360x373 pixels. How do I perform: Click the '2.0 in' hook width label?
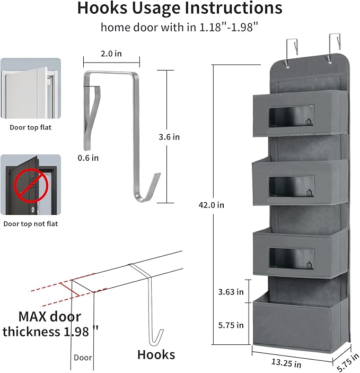click(x=111, y=54)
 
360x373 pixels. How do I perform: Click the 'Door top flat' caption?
click(x=31, y=127)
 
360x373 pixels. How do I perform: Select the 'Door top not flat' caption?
click(x=31, y=223)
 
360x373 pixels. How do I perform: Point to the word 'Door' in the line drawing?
click(x=83, y=358)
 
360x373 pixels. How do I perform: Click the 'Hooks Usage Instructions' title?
click(x=180, y=9)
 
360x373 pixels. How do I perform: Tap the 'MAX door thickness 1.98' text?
click(x=51, y=324)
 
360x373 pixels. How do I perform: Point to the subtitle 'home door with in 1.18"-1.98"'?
click(x=180, y=28)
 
